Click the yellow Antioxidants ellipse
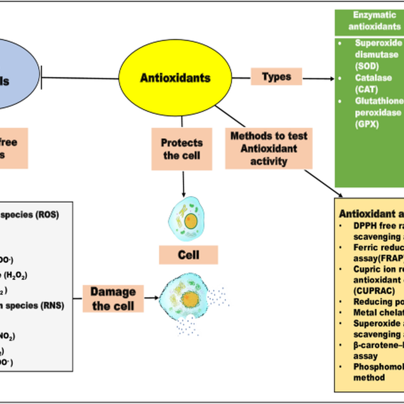175,78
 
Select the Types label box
276,77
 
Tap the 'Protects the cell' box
182,149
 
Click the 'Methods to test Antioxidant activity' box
269,148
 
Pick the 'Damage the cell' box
113,299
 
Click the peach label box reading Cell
189,255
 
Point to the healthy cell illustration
187,219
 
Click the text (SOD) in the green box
367,66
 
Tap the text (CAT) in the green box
366,90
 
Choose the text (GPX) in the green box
367,124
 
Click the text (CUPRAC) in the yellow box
374,291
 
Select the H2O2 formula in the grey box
15,275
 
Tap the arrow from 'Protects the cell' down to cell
183,183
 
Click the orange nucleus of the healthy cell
191,221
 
